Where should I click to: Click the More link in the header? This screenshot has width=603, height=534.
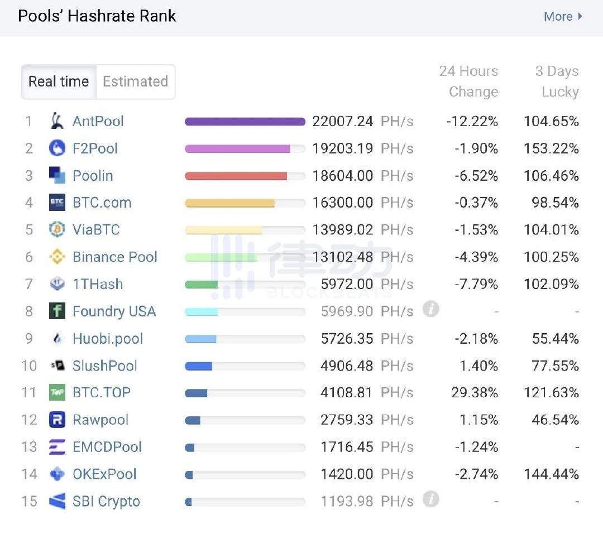[562, 17]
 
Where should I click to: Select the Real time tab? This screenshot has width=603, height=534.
[59, 81]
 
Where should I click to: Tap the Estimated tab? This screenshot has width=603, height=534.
[135, 81]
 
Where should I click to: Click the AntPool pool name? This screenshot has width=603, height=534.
[98, 121]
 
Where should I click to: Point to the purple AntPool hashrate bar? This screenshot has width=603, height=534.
[245, 122]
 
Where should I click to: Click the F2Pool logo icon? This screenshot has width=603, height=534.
[57, 148]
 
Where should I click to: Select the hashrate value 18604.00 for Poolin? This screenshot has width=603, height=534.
[343, 176]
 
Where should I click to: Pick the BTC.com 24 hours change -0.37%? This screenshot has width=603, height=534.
[476, 203]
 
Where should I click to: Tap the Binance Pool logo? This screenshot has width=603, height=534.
[57, 257]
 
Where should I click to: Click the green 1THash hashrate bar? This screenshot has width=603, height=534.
[202, 285]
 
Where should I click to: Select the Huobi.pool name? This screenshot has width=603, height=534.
[108, 339]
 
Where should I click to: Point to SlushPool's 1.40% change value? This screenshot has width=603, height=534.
[480, 366]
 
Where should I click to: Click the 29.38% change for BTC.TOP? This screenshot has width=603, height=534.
[475, 393]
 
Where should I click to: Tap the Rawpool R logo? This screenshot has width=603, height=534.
[57, 420]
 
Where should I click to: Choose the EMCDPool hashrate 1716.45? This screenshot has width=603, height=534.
[346, 447]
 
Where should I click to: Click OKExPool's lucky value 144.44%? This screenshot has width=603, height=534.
[551, 474]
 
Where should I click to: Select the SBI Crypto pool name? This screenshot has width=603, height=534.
[106, 502]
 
